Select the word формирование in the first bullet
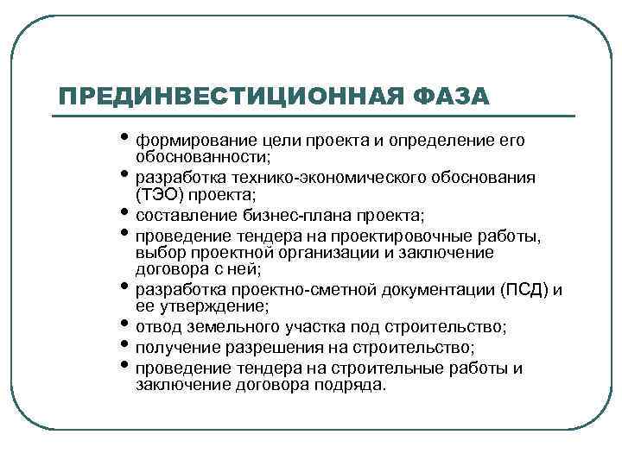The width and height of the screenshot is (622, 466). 186,140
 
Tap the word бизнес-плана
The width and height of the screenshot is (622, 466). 289,214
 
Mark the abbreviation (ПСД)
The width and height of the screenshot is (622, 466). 523,289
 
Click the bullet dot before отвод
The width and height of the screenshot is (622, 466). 126,325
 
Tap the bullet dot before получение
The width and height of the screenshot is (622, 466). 126,345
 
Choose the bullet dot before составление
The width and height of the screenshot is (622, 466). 126,213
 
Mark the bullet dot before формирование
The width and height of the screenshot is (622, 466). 126,138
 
